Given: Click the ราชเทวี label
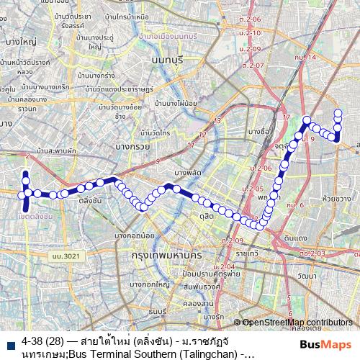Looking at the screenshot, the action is [246, 253].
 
